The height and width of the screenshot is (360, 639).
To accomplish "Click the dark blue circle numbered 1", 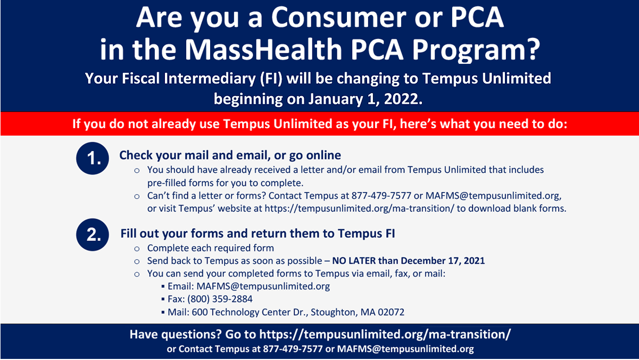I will coord(94,158).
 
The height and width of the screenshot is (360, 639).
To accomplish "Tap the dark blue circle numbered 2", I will coord(94,235).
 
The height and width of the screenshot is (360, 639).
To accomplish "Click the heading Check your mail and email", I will coord(230,155).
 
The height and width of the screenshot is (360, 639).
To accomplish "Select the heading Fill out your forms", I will coord(258,233).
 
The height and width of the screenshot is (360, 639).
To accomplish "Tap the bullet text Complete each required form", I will coord(211,248).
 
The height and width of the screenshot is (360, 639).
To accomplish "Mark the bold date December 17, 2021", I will coord(443,261).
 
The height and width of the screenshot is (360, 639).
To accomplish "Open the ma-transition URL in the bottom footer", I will coord(385,335).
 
